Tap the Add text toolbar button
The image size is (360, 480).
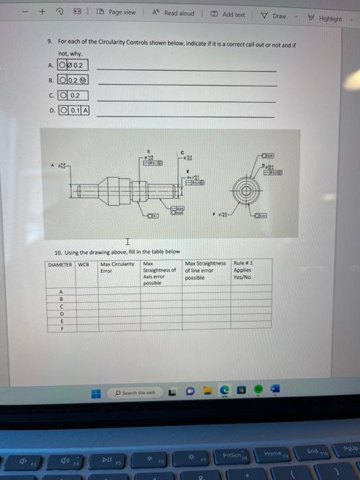(229, 14)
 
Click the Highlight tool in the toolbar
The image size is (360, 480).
(324, 19)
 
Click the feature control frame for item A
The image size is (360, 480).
(73, 65)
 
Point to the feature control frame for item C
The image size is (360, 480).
(73, 95)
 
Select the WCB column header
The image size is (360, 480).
(84, 264)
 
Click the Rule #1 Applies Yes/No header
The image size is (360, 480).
(244, 270)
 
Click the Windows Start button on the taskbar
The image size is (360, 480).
(97, 393)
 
